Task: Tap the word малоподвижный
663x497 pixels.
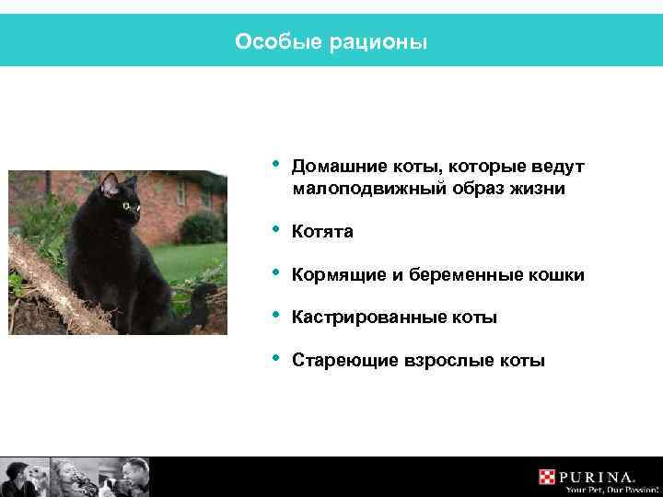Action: [365, 189]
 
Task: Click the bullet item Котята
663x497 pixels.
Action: [321, 233]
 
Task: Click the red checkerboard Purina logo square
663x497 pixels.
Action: [548, 477]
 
